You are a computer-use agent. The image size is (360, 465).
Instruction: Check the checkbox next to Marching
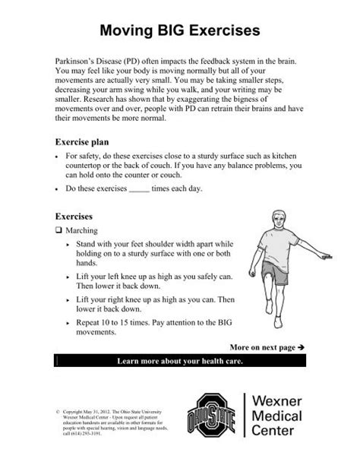pos(60,229)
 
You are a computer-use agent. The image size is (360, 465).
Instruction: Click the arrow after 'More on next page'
pos(301,346)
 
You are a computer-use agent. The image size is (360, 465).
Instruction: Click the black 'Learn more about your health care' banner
pos(179,361)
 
